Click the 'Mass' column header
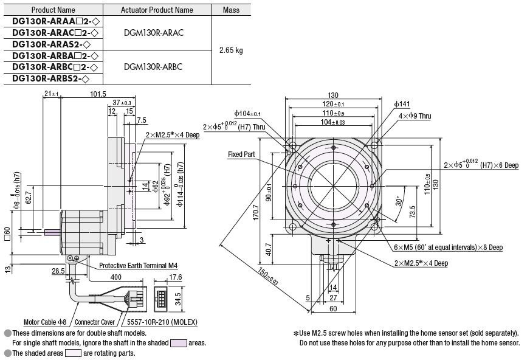point(231,10)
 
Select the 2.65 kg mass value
point(231,50)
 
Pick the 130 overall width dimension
point(333,95)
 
